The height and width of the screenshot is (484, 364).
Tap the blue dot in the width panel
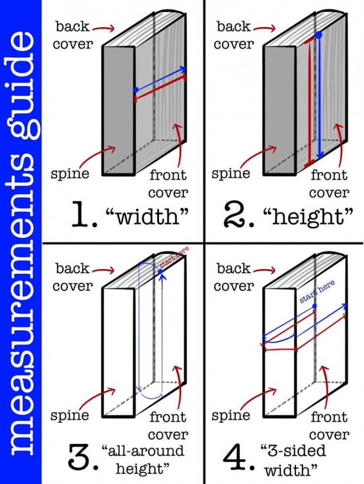[x=135, y=90]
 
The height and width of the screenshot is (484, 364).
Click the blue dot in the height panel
[x=319, y=35]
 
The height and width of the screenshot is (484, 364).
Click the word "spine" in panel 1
[x=70, y=174]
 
